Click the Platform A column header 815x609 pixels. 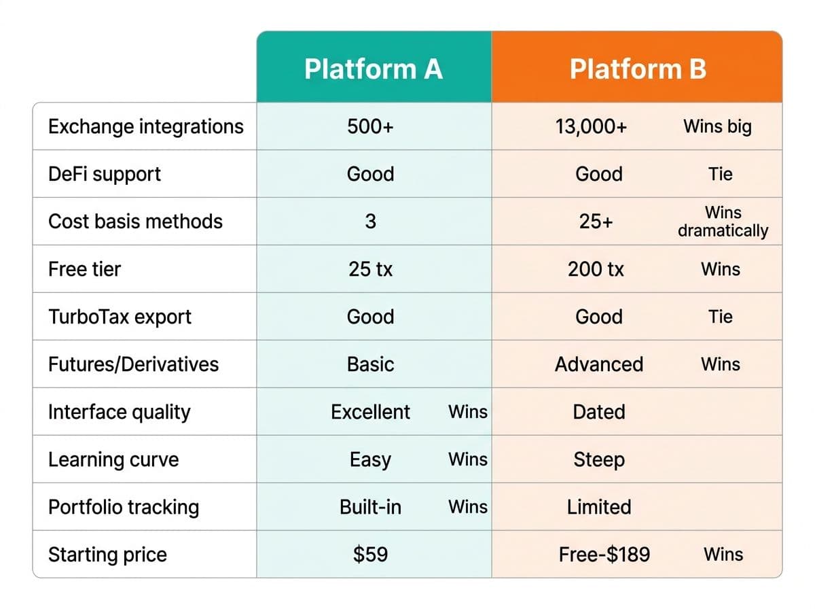373,69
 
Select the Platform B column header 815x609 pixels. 638,69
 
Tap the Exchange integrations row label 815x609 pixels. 146,126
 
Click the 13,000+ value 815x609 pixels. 591,126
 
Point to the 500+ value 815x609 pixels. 370,126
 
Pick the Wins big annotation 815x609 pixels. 717,126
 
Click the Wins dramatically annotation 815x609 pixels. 723,222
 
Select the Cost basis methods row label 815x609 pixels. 135,222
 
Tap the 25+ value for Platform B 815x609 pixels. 596,222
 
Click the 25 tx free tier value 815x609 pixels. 370,269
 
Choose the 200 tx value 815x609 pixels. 596,269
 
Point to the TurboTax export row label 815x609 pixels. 120,317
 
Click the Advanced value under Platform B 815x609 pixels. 599,364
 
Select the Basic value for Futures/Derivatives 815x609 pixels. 370,364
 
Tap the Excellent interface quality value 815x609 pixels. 370,412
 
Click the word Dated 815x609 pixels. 599,412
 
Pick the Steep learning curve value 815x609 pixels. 599,459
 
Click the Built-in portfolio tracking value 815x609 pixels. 370,507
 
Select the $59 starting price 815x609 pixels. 370,555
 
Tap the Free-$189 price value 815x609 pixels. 604,555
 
